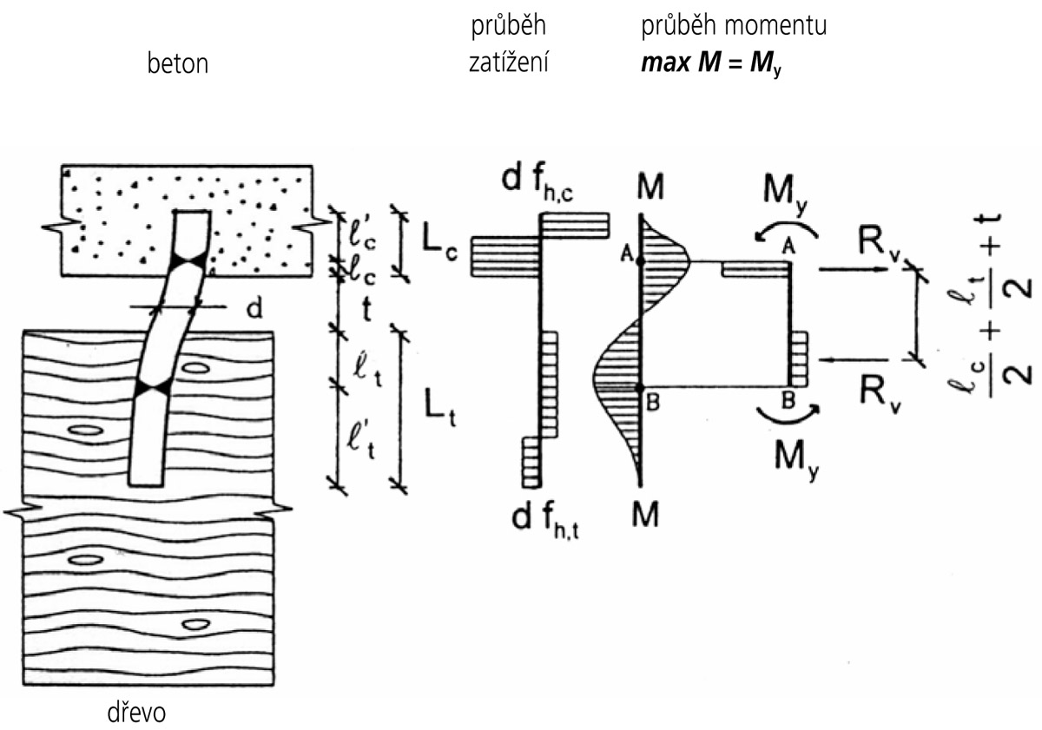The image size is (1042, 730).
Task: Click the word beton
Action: [177, 64]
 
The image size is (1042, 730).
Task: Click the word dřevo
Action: [134, 713]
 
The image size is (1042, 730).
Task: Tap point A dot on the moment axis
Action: [640, 260]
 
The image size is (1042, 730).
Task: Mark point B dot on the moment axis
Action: [640, 387]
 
